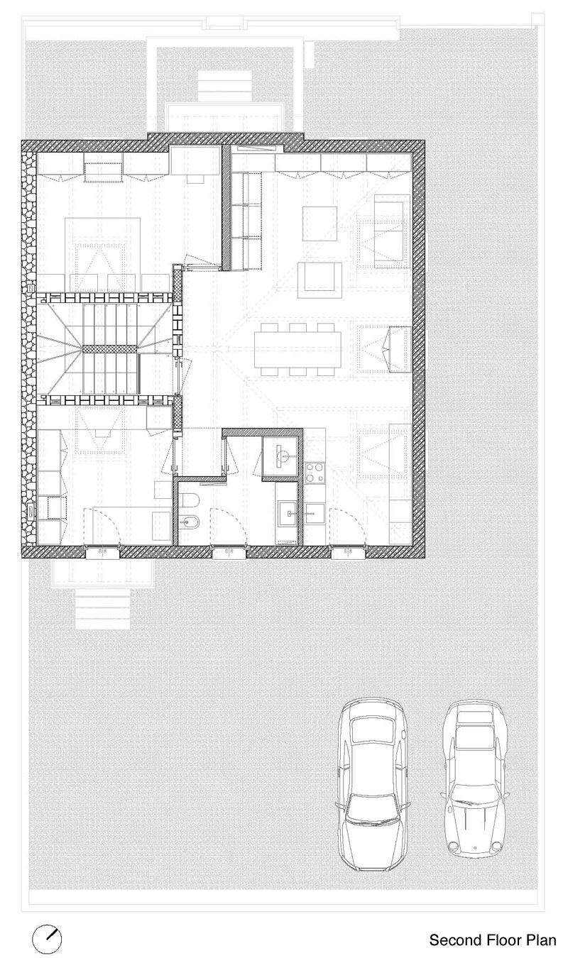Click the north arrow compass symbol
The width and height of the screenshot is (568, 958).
47,938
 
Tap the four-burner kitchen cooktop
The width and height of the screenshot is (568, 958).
315,472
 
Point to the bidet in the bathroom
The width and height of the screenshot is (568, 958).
188,522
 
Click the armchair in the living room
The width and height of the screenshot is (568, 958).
319,280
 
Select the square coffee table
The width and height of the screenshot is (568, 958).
319,224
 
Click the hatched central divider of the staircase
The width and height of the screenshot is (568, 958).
109,349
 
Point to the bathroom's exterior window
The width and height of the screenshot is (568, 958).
229,552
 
